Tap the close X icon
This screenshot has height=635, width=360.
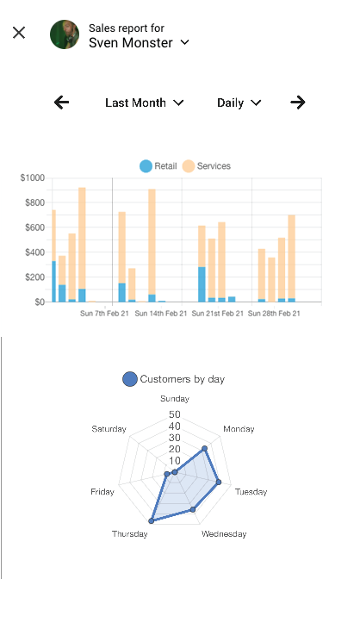click(x=19, y=33)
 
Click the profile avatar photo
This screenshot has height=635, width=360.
click(x=65, y=34)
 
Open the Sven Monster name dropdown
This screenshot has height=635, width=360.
click(x=139, y=42)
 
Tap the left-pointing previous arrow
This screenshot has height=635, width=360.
click(x=61, y=103)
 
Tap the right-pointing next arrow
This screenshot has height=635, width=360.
click(x=298, y=103)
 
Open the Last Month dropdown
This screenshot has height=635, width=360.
click(x=144, y=103)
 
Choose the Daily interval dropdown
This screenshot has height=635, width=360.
click(x=239, y=103)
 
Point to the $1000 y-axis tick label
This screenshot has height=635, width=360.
click(x=33, y=178)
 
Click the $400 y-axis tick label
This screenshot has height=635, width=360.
click(x=34, y=252)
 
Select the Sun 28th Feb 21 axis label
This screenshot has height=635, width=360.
click(x=274, y=314)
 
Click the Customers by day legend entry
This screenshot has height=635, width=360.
click(x=174, y=378)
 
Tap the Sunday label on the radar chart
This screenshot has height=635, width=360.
click(x=175, y=399)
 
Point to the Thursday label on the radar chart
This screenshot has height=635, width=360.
click(x=129, y=534)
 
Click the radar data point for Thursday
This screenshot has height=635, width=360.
click(x=152, y=520)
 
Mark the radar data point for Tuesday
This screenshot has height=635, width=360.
click(x=219, y=482)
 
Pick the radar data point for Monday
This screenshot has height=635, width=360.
click(x=204, y=449)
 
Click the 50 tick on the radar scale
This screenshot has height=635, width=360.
click(x=175, y=414)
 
